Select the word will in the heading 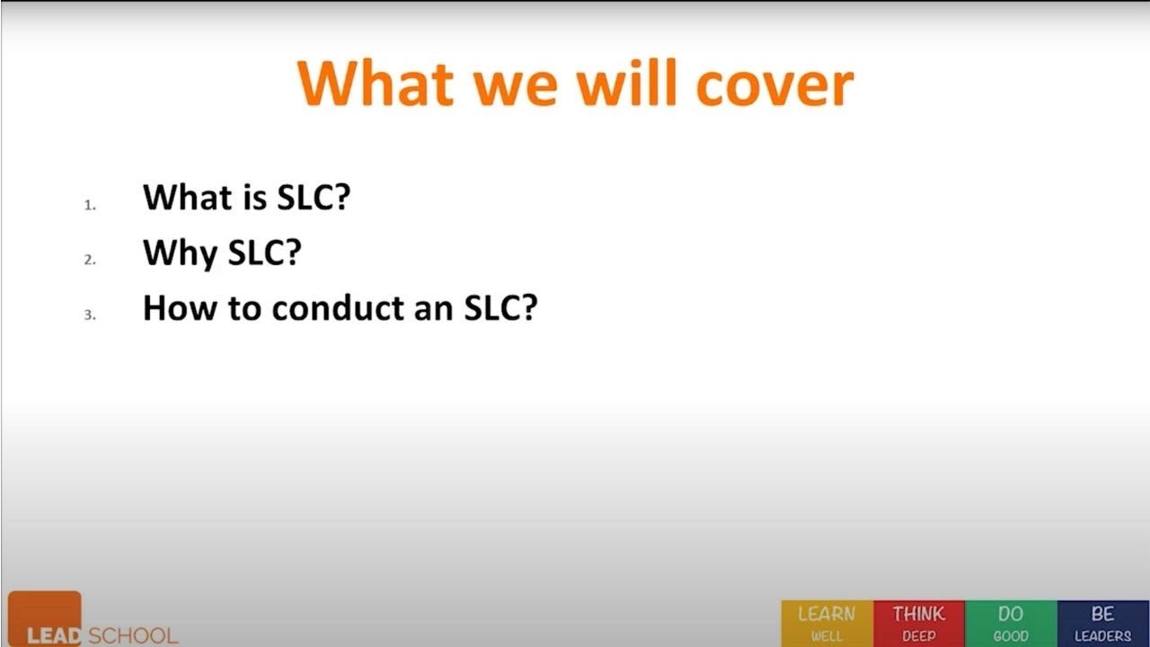tap(626, 84)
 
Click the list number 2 tap(90, 261)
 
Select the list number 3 tap(90, 315)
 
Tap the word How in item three tap(182, 308)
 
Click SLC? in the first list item tap(313, 197)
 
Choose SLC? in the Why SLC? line tap(263, 253)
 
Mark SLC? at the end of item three tap(500, 308)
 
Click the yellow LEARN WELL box tap(827, 624)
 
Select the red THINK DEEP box tap(918, 624)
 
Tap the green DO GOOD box tap(1011, 624)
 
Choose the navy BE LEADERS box tap(1102, 624)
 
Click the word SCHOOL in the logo tap(133, 635)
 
